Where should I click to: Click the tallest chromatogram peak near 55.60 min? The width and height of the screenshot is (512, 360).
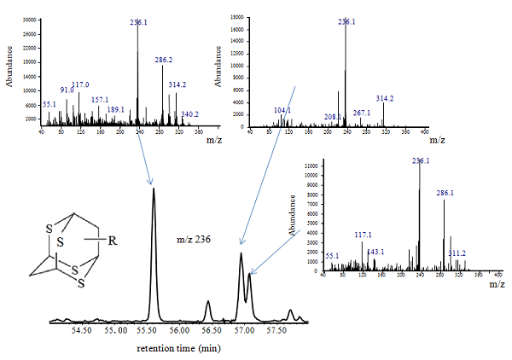[154, 191]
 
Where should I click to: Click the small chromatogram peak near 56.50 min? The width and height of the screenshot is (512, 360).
[208, 302]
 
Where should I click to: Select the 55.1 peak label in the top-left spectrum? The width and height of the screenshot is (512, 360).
[49, 104]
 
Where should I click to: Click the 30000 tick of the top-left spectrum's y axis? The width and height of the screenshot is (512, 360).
[29, 19]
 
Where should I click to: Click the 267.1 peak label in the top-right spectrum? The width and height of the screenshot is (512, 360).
[362, 112]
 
